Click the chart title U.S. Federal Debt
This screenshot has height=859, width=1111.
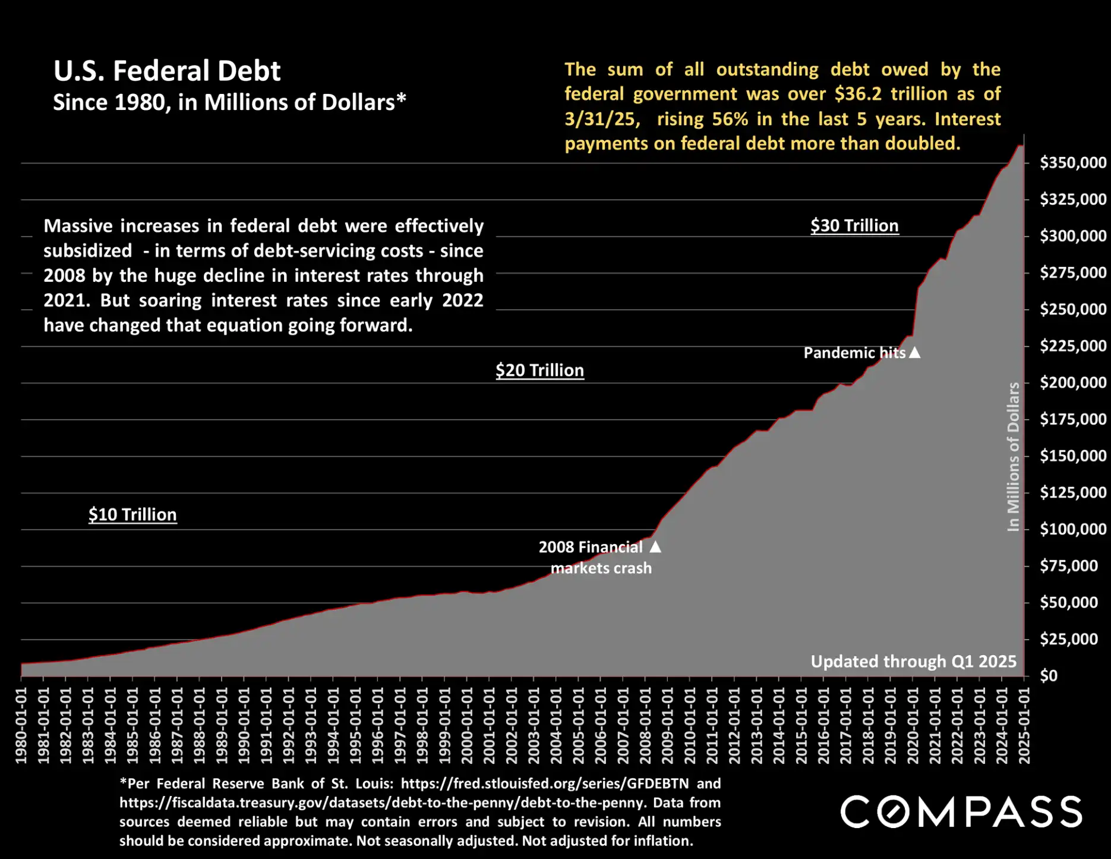(167, 71)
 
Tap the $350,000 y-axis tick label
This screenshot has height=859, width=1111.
(1072, 163)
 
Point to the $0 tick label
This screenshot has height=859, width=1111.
(1049, 676)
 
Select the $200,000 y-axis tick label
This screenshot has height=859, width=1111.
(1072, 383)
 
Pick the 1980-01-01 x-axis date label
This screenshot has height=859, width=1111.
(21, 725)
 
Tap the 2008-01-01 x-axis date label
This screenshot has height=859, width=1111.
(645, 725)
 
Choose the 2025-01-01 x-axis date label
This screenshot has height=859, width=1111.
(1024, 725)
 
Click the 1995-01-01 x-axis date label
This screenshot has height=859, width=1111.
(355, 725)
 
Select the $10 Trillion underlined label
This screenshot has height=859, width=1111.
(132, 515)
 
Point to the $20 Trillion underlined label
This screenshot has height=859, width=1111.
(539, 370)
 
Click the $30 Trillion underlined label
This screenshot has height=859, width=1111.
(854, 226)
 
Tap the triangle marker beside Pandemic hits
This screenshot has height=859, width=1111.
(915, 353)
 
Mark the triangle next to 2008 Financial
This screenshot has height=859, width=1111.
(655, 547)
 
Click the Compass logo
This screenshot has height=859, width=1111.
(961, 812)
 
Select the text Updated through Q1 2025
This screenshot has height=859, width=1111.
(913, 662)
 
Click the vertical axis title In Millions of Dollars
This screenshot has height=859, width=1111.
(1013, 457)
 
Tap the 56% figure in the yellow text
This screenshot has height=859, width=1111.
(730, 119)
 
